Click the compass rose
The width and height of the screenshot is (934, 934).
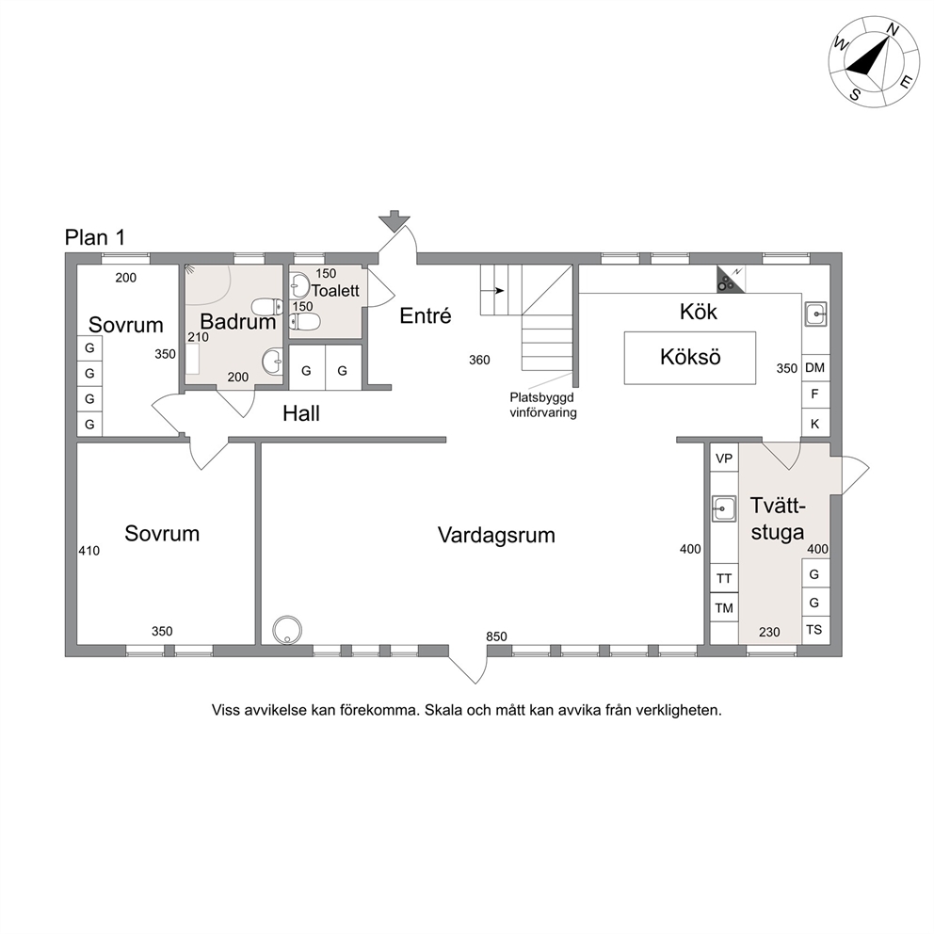[873, 62]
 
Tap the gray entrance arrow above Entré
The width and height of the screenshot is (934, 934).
[393, 220]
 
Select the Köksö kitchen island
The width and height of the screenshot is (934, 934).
[690, 358]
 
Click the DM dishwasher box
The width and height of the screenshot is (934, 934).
[814, 368]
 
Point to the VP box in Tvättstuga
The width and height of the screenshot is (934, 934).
[724, 459]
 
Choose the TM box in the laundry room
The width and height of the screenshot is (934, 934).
[724, 607]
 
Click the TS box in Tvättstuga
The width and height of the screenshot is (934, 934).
[814, 630]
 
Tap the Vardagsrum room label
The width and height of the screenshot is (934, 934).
[496, 535]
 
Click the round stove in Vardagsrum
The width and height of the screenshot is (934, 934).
[287, 630]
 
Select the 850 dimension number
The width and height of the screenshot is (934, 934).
[496, 636]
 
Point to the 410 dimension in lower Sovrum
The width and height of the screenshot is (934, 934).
[89, 551]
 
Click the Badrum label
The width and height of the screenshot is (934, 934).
[237, 322]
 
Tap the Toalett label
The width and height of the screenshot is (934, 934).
[335, 291]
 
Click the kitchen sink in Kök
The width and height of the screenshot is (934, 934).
[815, 314]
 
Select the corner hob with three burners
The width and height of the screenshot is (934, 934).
[730, 280]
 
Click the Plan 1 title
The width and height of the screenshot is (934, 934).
[95, 237]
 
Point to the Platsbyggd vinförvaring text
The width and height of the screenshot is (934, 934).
[542, 405]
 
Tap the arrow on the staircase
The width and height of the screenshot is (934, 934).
[497, 291]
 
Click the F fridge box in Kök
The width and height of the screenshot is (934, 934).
[814, 394]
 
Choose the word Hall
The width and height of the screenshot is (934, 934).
[300, 413]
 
